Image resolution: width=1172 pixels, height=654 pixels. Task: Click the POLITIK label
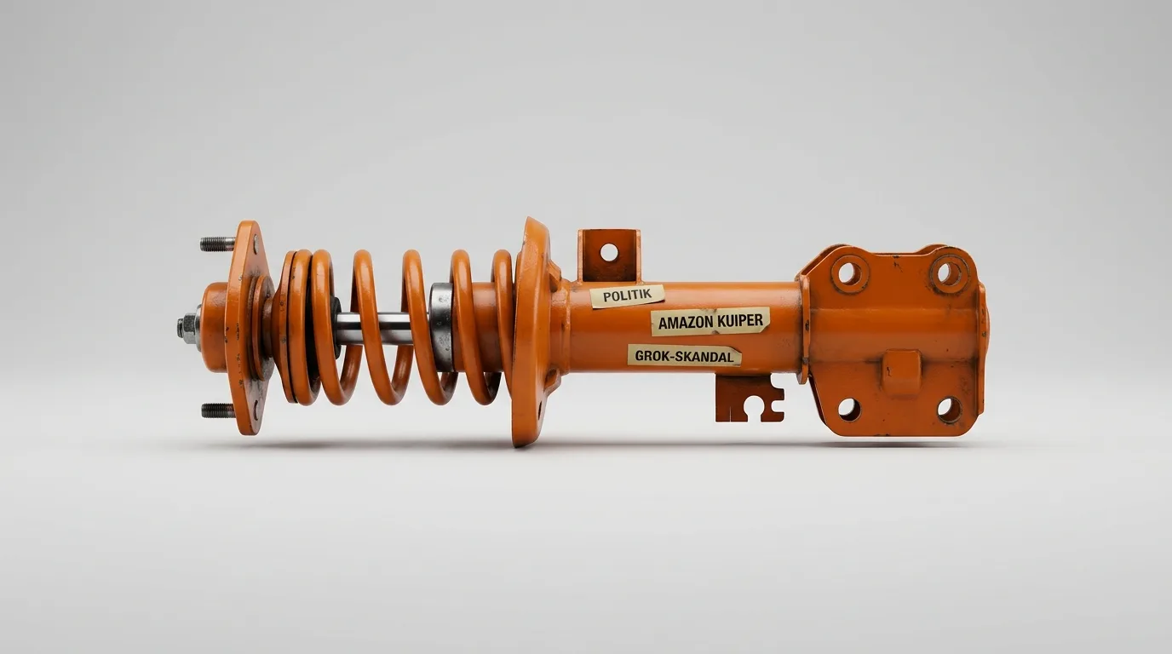click(628, 296)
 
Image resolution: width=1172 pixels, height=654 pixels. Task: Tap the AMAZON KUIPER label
click(710, 321)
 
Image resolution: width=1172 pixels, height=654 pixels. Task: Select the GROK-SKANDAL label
click(684, 356)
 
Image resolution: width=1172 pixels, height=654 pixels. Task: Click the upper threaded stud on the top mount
click(218, 244)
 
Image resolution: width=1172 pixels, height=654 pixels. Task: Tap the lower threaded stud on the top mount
click(218, 410)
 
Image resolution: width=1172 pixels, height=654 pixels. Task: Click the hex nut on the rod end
click(189, 328)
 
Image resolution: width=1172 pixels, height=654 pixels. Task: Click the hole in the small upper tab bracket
click(609, 252)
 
